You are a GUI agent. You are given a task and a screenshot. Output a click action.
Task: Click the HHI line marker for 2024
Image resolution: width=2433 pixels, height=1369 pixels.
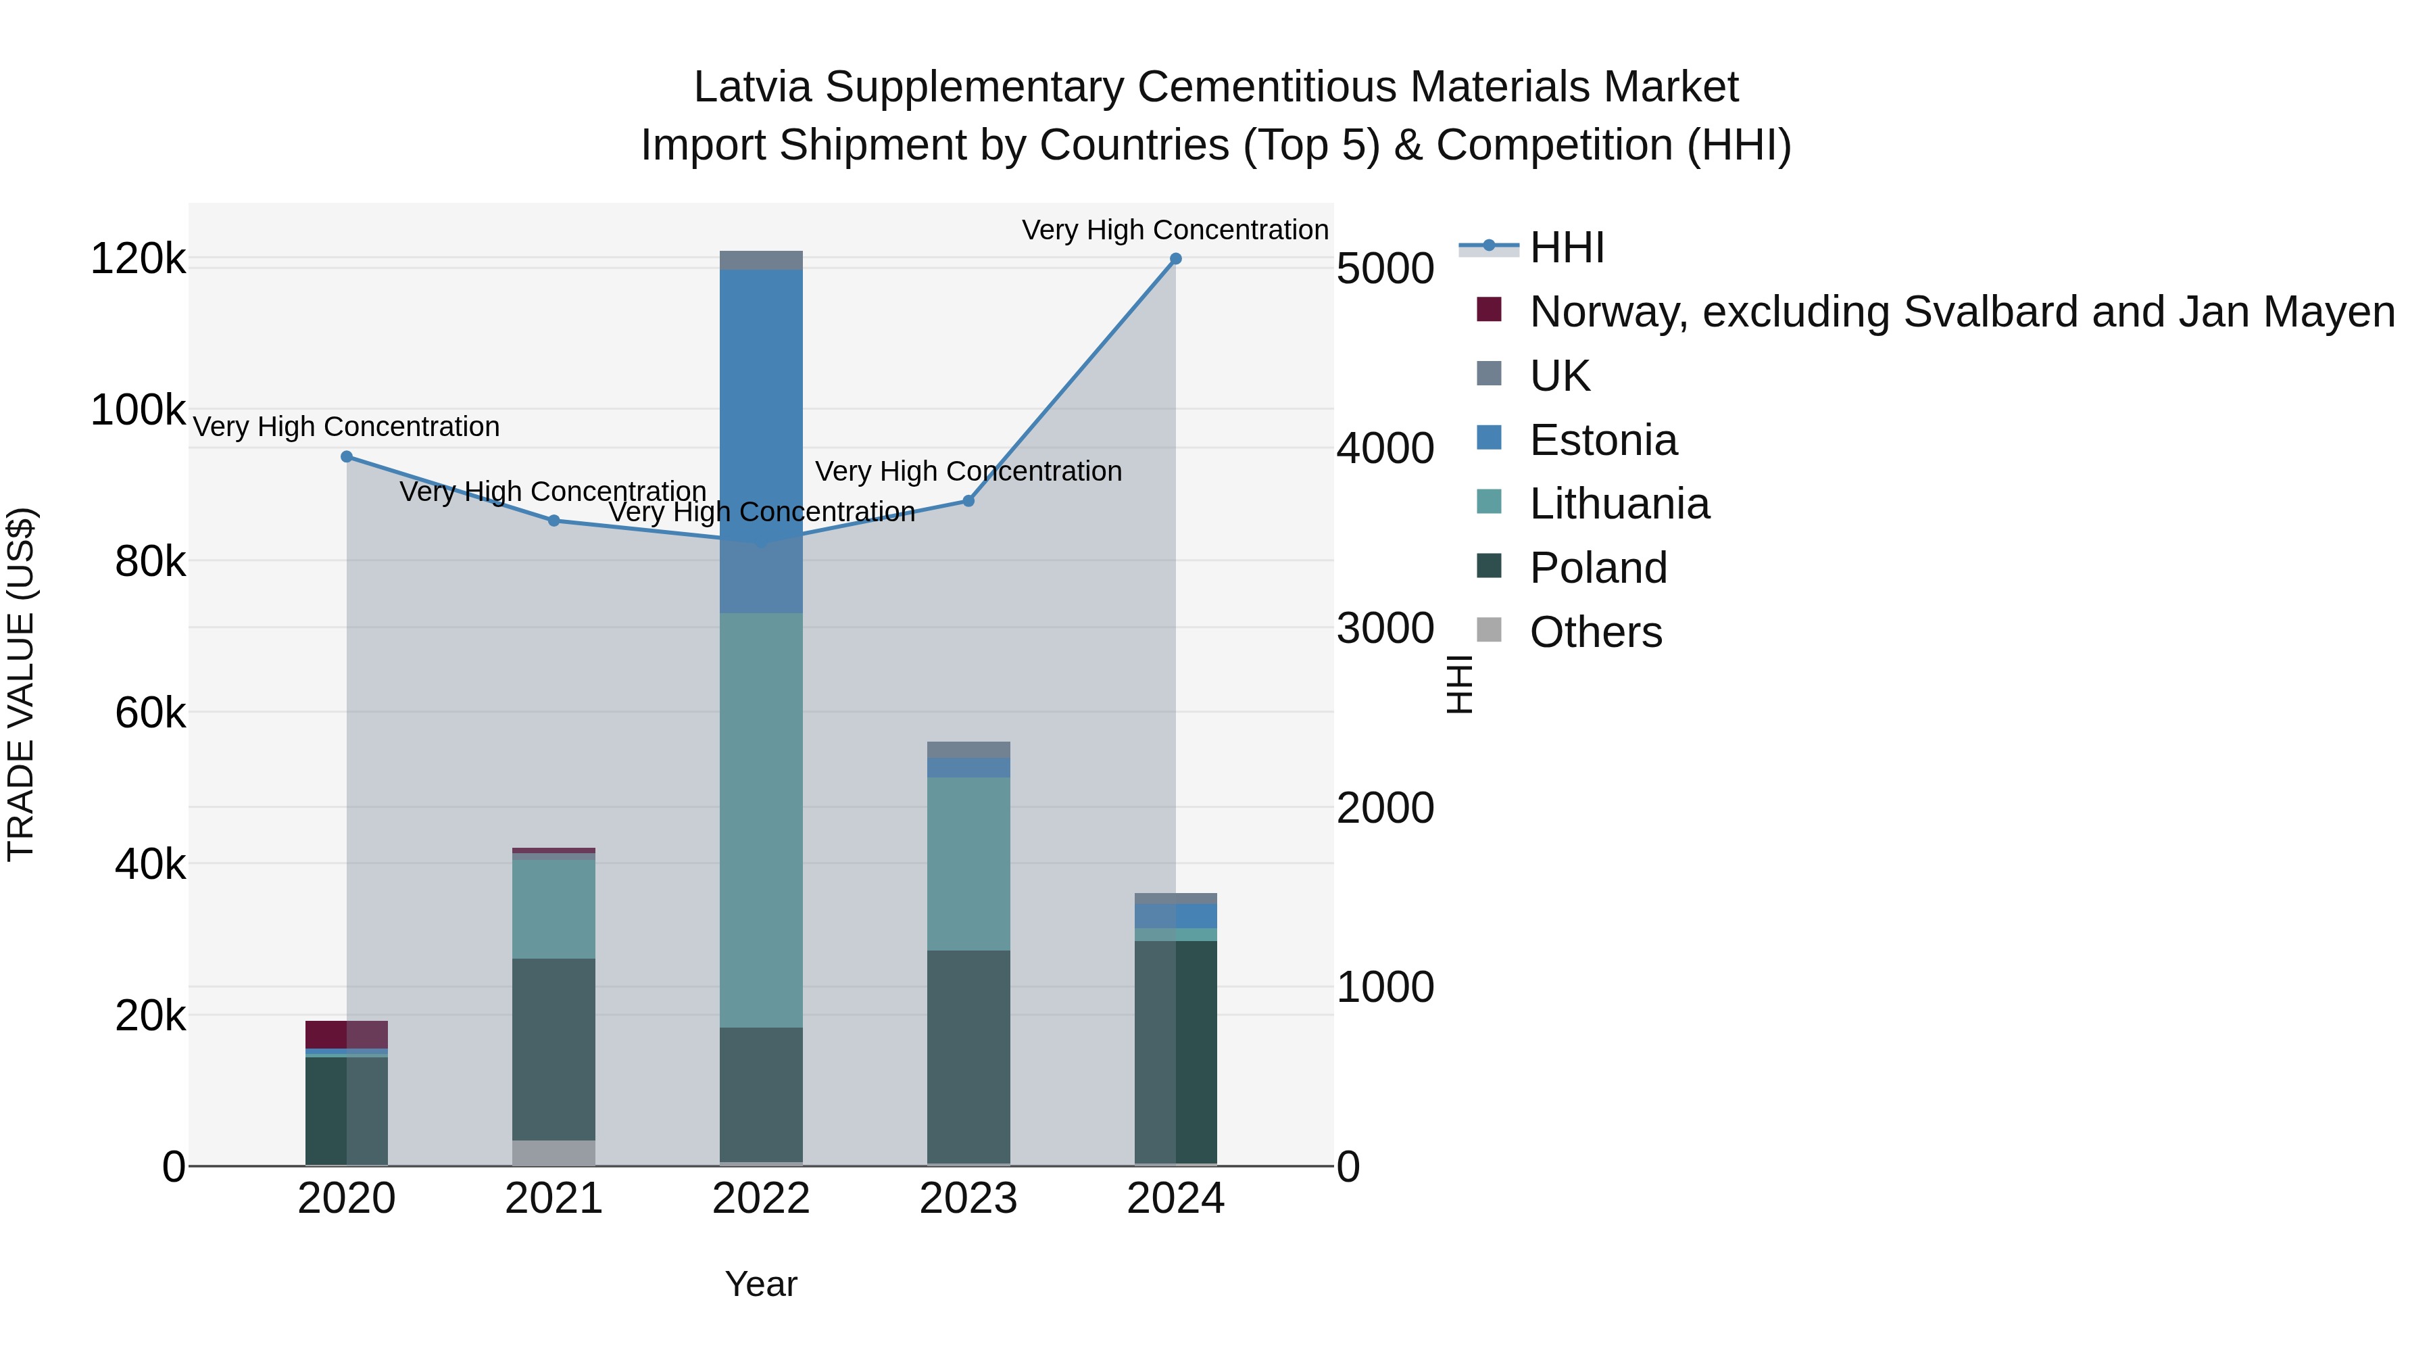(1175, 259)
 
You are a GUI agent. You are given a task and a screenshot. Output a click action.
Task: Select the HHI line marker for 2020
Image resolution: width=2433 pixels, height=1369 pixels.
(347, 457)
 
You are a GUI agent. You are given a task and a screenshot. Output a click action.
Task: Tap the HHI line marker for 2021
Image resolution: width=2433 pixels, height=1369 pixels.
(554, 521)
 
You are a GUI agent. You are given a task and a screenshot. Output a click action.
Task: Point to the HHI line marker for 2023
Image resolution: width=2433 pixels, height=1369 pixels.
(968, 501)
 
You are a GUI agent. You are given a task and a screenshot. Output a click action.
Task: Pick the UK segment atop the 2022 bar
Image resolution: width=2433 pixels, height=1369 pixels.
(760, 260)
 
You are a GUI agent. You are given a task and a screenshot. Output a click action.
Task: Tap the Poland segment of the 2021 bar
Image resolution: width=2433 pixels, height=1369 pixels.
(554, 1049)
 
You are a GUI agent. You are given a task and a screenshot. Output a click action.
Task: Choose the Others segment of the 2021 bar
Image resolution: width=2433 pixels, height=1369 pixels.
(554, 1153)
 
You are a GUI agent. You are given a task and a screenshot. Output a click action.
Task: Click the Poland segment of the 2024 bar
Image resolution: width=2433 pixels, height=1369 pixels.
(1175, 1051)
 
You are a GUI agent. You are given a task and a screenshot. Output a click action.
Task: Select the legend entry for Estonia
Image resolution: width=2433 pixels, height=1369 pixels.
(1603, 440)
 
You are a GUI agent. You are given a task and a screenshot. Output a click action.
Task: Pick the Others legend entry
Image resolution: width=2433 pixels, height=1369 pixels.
(1595, 632)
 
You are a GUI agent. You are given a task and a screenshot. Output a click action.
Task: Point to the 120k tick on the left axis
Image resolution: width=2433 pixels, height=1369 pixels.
(138, 259)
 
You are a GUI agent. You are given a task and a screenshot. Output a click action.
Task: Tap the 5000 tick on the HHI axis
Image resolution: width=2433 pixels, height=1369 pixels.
(1385, 268)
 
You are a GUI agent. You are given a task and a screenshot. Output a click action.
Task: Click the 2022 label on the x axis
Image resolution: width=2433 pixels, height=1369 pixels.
(760, 1199)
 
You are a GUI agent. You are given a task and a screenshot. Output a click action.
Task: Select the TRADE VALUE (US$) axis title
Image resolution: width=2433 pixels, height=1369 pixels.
(21, 684)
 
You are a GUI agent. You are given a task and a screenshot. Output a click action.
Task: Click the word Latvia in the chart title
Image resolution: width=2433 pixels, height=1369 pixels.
(752, 87)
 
